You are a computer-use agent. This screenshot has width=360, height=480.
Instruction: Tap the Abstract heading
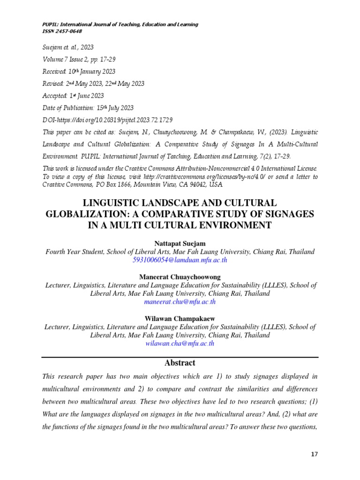180,363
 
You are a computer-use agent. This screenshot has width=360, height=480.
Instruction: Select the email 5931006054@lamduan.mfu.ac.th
180,260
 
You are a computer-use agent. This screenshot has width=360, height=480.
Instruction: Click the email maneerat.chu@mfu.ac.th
180,302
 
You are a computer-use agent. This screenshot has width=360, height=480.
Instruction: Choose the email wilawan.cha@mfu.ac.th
180,343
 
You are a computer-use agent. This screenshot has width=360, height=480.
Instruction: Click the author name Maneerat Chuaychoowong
180,277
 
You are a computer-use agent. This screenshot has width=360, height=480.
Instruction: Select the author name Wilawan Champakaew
180,318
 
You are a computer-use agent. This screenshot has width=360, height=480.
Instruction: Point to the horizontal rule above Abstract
180,357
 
